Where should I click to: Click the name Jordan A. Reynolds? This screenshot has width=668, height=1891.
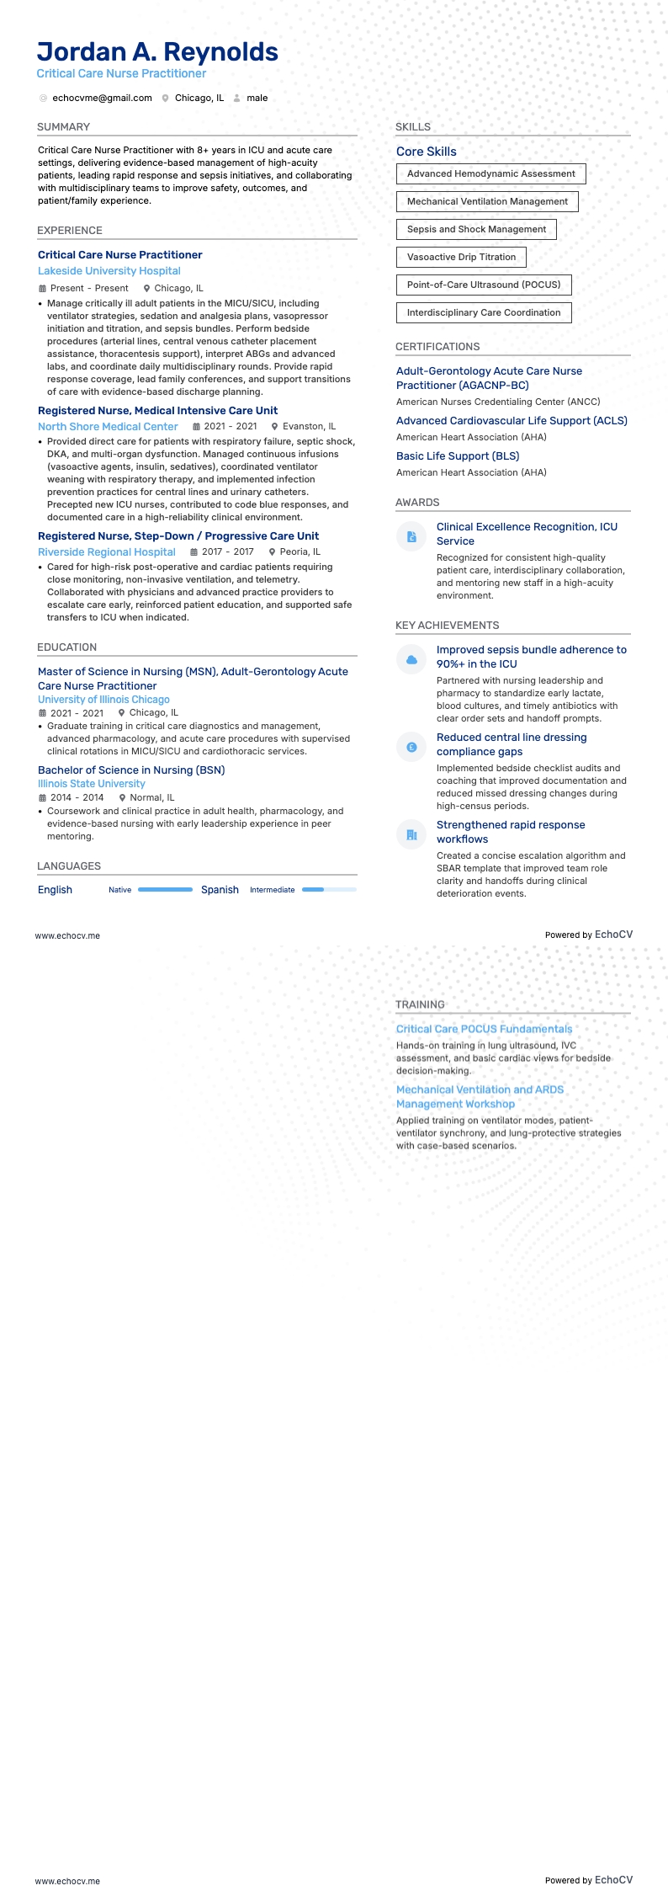point(157,52)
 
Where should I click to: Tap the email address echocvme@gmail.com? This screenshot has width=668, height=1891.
point(102,99)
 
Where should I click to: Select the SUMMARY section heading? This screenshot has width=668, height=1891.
point(63,127)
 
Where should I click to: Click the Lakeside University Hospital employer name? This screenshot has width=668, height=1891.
point(109,271)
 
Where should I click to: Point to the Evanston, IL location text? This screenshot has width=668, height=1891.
point(309,427)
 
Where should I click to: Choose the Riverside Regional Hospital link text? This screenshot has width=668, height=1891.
point(107,552)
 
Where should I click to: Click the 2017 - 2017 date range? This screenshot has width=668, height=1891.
point(227,552)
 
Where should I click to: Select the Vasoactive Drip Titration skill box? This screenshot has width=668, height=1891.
point(461,258)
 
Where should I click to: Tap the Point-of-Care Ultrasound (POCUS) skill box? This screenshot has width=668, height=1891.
point(484,285)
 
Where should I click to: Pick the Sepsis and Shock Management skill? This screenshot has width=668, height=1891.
point(476,230)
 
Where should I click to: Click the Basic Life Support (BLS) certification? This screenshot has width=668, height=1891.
point(458,456)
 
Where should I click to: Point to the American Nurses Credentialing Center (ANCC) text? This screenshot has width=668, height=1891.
point(498,402)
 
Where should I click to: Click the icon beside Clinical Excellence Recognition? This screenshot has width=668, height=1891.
point(411,536)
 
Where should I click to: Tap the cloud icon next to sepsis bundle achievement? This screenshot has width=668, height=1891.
point(411,659)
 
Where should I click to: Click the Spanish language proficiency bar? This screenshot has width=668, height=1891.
point(329,890)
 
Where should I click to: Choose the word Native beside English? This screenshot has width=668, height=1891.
point(120,890)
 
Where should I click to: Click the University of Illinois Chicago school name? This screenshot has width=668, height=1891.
point(103,700)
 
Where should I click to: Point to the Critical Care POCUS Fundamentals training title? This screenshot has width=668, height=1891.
point(484,1029)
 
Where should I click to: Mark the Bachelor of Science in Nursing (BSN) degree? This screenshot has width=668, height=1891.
point(131,770)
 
